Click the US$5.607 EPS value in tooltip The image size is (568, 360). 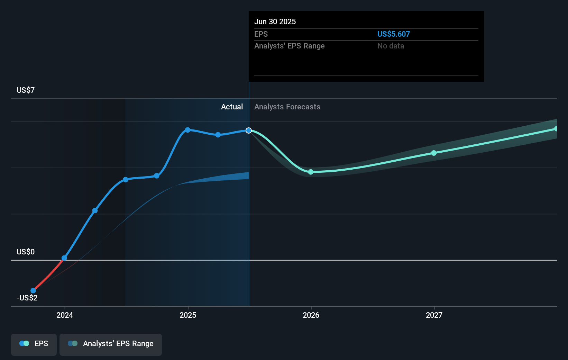coord(393,34)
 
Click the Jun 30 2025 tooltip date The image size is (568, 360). coord(275,21)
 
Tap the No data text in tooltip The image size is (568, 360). coord(391,46)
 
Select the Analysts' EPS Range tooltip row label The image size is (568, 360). coord(289,46)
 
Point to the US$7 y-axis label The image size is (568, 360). coord(26,90)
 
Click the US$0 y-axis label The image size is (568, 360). coord(26,252)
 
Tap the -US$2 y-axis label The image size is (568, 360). coord(27,298)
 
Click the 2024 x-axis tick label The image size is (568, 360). coord(65,315)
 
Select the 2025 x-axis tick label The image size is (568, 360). coord(188,315)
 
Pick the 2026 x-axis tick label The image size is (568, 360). coord(311,315)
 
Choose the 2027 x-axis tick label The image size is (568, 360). coord(434,315)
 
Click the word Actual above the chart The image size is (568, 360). coord(232,107)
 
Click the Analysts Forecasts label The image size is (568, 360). coord(287,107)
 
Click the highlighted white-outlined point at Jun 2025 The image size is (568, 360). coord(249,130)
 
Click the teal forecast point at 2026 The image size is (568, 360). coord(311,172)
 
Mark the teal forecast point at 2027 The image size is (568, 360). coord(434,153)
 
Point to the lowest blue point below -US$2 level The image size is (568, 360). coord(33,290)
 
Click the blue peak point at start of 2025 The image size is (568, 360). coord(187,130)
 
